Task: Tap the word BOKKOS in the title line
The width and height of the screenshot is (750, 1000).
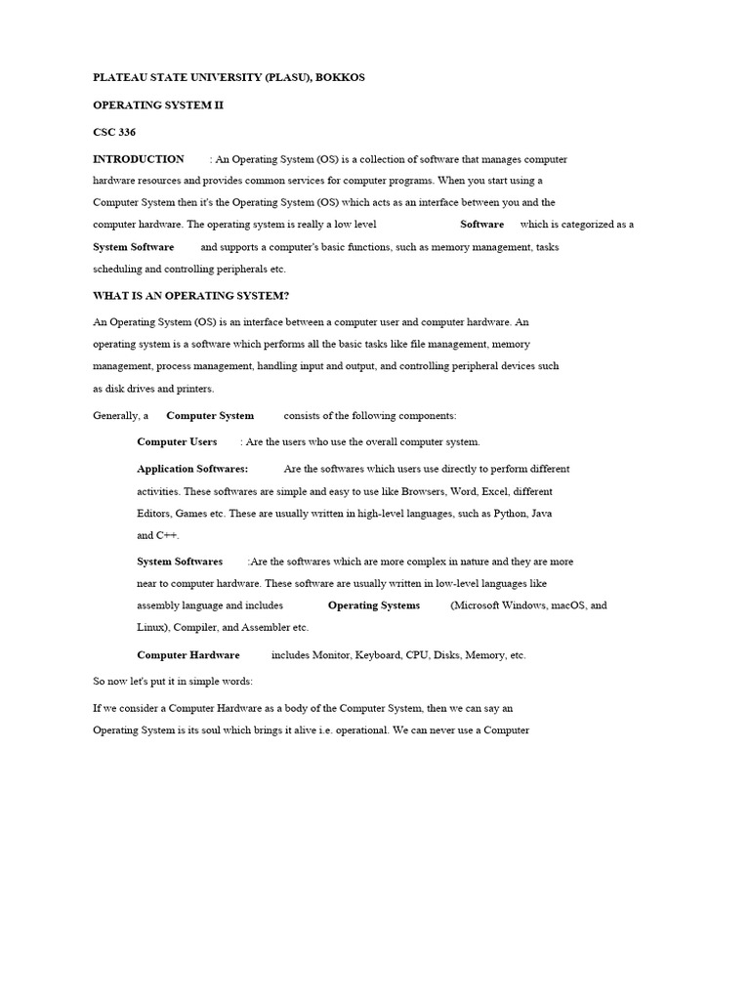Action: pos(339,77)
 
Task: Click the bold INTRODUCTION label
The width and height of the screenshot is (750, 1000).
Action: pos(139,158)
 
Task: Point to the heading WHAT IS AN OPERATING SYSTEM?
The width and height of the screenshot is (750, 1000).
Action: pos(190,295)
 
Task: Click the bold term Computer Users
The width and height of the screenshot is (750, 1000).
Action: pos(177,441)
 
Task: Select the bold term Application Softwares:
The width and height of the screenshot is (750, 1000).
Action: pos(192,469)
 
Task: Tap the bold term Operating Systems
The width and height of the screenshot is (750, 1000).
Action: pos(374,605)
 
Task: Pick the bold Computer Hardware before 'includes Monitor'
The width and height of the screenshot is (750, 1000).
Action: pos(188,655)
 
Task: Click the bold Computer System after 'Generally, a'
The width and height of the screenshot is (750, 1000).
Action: pos(210,415)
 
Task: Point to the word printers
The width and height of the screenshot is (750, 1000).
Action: pos(192,389)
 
